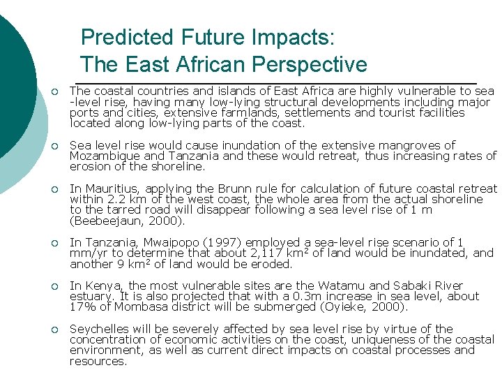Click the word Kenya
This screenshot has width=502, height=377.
[x=101, y=286]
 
